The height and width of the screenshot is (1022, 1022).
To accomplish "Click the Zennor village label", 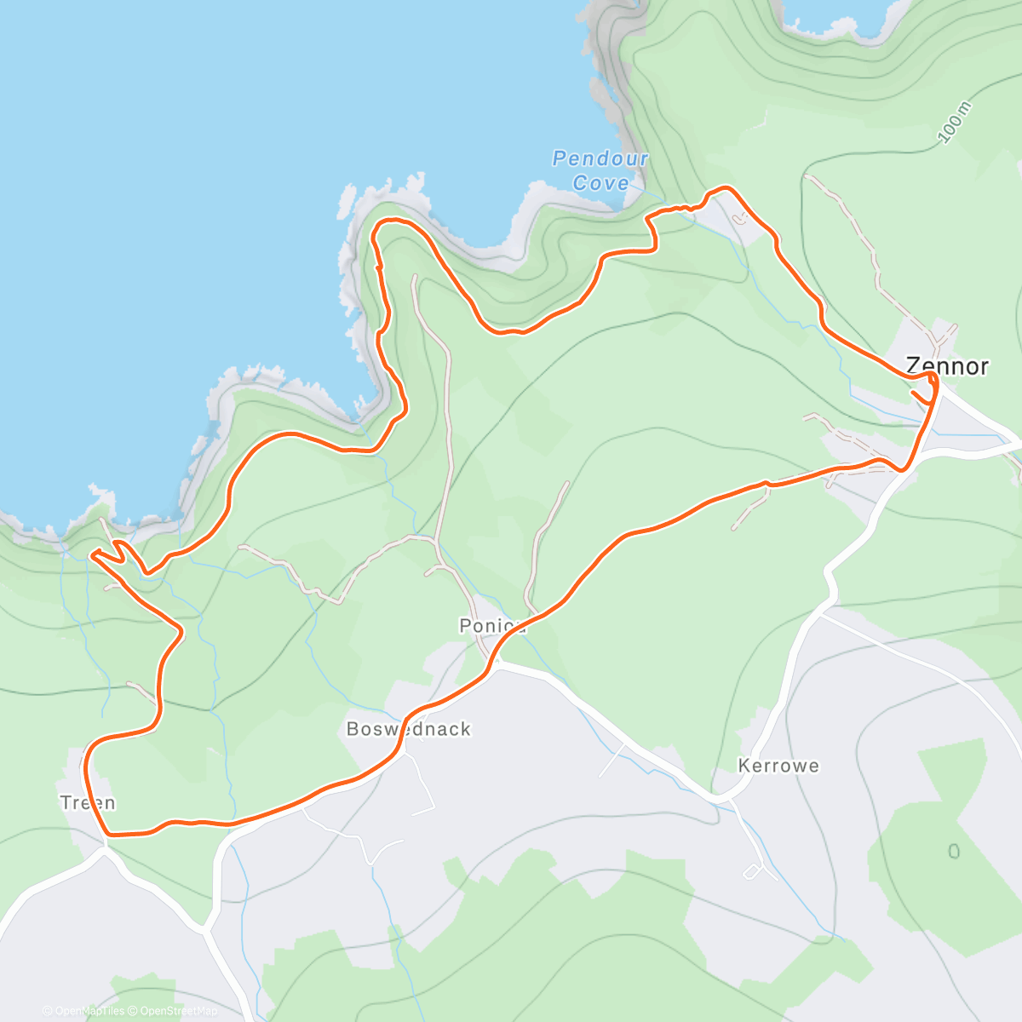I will (947, 366).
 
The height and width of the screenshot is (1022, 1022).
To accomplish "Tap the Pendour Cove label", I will (600, 170).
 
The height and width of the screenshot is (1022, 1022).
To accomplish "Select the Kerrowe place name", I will (778, 766).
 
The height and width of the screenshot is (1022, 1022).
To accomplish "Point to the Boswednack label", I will (408, 729).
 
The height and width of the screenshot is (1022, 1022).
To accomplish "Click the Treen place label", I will (88, 802).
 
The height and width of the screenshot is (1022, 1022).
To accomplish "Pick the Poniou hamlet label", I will (491, 626).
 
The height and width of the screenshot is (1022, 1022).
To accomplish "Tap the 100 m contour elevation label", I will (954, 122).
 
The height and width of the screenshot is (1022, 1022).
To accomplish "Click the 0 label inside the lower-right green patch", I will (954, 852).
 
